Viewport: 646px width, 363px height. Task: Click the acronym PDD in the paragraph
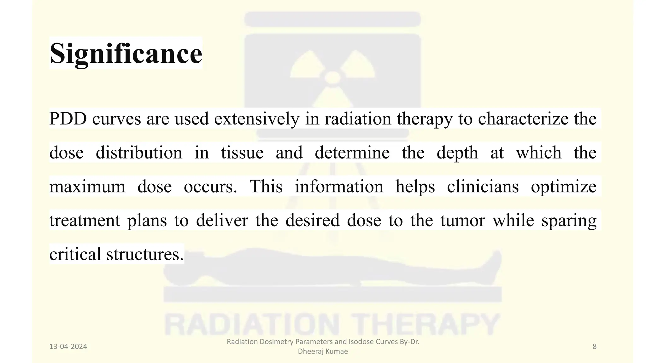click(x=68, y=119)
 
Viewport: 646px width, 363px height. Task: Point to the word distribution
click(x=139, y=153)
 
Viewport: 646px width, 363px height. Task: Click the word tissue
click(x=242, y=153)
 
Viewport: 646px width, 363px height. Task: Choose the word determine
click(x=352, y=153)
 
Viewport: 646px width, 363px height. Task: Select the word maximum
click(x=87, y=187)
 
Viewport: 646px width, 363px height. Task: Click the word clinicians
click(x=483, y=187)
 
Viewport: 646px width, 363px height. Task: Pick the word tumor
click(x=462, y=220)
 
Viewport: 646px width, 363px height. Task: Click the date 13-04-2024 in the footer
click(x=68, y=347)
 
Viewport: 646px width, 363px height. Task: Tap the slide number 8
click(x=595, y=347)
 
